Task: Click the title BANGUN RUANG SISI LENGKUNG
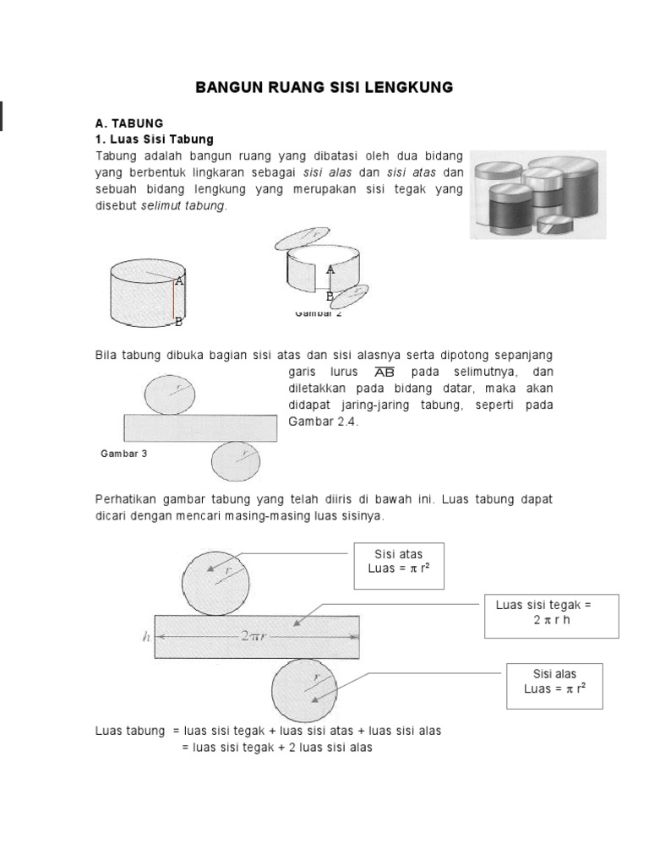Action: click(x=324, y=87)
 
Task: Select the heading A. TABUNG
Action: click(x=128, y=123)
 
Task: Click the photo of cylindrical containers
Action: click(x=537, y=193)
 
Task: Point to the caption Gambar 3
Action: click(x=123, y=454)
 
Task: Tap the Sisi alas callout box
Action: click(x=555, y=682)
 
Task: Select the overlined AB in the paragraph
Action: click(x=384, y=373)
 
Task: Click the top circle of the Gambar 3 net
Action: click(x=171, y=394)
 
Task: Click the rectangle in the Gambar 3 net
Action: click(x=200, y=428)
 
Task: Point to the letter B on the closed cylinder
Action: click(x=178, y=322)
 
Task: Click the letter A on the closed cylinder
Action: click(x=179, y=280)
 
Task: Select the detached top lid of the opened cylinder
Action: click(x=303, y=238)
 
